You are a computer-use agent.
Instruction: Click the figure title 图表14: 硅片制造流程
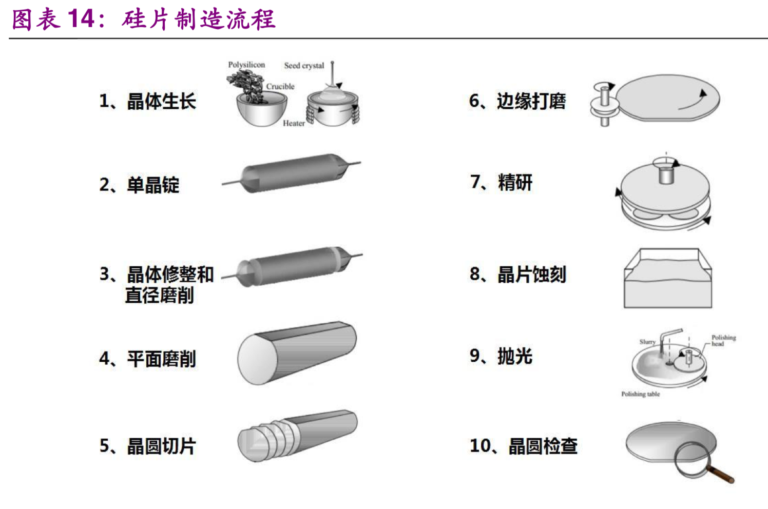(144, 19)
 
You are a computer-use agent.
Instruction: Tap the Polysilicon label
(246, 65)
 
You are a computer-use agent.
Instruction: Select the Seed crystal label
(304, 66)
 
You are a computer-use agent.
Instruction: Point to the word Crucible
(280, 86)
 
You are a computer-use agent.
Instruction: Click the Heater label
(294, 123)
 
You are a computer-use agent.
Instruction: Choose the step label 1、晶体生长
(147, 101)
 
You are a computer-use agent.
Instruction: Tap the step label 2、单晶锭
(139, 185)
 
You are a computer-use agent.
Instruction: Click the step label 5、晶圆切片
(147, 446)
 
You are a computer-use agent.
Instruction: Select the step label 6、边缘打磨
(517, 101)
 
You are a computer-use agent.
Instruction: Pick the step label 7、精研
(501, 182)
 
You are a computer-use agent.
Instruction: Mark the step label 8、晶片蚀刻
(517, 274)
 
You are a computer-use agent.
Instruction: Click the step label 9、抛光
(501, 356)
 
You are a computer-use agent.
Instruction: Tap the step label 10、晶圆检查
(524, 446)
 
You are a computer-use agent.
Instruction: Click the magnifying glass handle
(720, 475)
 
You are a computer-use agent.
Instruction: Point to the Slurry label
(647, 342)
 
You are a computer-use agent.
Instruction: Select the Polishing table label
(641, 394)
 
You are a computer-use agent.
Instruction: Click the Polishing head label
(723, 340)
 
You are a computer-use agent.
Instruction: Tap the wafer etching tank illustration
(667, 278)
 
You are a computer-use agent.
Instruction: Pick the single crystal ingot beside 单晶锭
(292, 173)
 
